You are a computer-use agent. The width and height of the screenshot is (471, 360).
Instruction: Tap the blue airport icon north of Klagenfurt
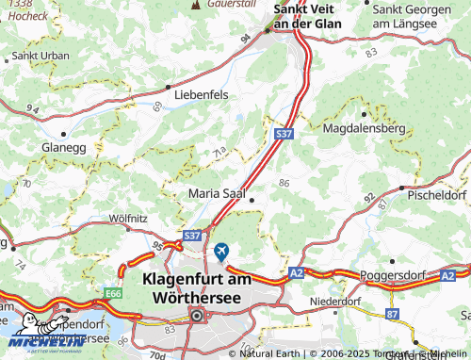pyautogui.click(x=220, y=251)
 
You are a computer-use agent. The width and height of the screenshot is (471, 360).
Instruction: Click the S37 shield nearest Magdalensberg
pyautogui.click(x=284, y=136)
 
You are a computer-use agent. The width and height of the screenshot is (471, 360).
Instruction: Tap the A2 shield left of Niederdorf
pyautogui.click(x=296, y=271)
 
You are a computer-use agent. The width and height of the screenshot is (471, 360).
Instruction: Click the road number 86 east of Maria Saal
pyautogui.click(x=283, y=183)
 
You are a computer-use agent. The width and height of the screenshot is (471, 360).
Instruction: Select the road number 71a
pyautogui.click(x=219, y=150)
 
